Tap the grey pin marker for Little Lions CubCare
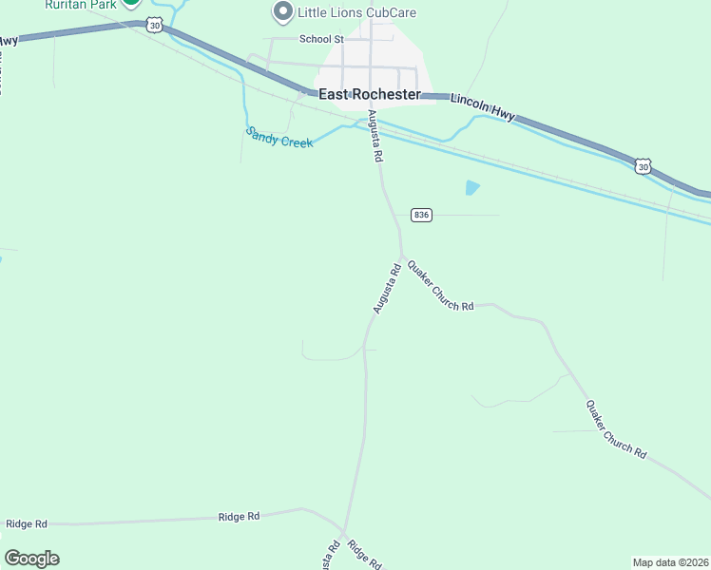click(282, 12)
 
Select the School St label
click(320, 39)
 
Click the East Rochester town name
click(369, 95)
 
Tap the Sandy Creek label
click(279, 137)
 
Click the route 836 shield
click(422, 215)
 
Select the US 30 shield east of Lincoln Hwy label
click(644, 166)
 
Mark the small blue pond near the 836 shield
click(472, 188)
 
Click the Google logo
click(31, 559)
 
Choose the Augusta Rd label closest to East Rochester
click(375, 137)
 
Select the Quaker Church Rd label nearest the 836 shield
click(440, 286)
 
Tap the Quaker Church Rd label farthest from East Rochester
click(616, 429)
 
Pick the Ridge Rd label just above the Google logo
click(27, 523)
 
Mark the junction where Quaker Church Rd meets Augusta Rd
click(401, 256)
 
